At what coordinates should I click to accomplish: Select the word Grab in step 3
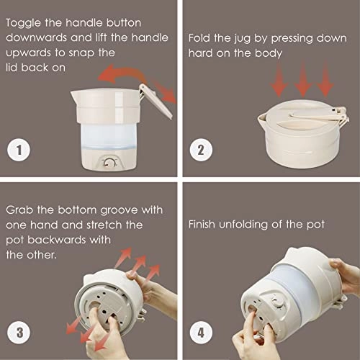21,210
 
